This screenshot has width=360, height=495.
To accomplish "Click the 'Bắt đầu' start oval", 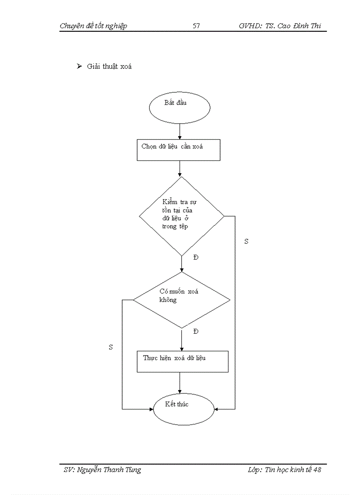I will (180, 107).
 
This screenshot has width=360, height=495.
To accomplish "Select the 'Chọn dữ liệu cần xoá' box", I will (178, 150).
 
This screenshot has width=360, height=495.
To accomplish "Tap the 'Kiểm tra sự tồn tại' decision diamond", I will (181, 216).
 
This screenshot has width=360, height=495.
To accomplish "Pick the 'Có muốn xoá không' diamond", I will (181, 300).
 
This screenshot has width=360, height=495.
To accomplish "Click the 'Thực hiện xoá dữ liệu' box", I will (182, 361).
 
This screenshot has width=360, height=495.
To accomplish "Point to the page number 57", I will (196, 26).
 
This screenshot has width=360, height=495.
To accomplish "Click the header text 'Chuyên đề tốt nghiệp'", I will (93, 26).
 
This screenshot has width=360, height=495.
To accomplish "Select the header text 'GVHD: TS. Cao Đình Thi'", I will (280, 26).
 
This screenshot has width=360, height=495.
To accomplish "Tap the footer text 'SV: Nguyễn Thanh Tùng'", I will (102, 470).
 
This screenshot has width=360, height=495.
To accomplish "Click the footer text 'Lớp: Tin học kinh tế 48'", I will (284, 470).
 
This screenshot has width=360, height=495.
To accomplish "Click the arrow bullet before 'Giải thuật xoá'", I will (79, 67).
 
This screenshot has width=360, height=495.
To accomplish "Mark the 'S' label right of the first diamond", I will (246, 242).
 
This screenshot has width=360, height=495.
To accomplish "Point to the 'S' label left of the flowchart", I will (111, 347).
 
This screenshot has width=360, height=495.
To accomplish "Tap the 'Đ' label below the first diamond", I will (196, 257).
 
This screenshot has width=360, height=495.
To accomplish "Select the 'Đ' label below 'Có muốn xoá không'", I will (196, 331).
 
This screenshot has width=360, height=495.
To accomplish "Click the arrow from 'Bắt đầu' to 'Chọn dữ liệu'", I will (180, 131).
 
